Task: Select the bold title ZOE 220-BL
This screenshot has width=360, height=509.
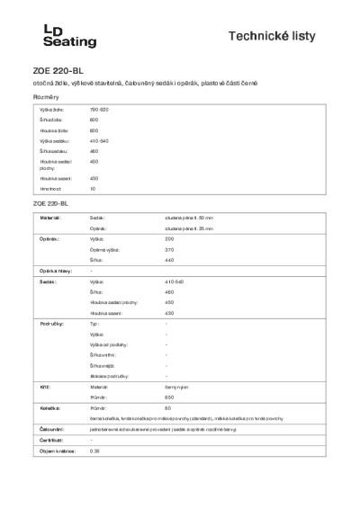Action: [58, 69]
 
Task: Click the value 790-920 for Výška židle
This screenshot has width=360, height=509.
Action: [99, 109]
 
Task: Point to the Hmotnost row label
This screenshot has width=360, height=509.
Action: [50, 189]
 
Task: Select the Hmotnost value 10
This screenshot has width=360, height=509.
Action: [93, 189]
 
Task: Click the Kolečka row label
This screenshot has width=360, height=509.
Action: [50, 408]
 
